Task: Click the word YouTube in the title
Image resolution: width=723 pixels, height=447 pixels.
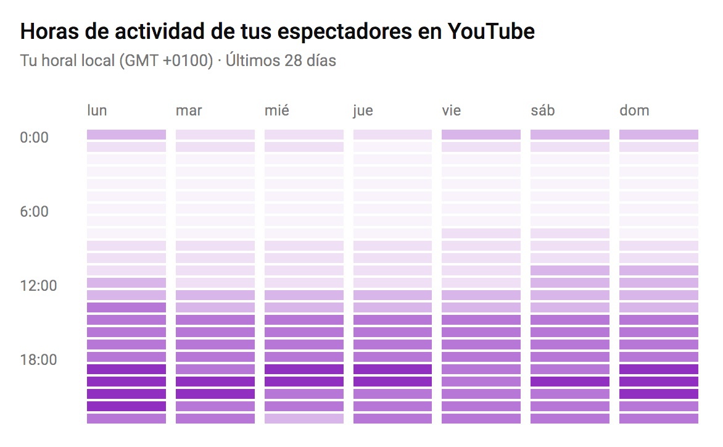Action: coord(490,31)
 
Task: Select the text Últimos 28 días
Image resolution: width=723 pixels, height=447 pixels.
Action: coord(281,61)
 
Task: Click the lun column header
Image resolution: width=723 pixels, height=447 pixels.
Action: coord(97,111)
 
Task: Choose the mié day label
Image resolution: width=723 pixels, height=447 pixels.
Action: coord(276,111)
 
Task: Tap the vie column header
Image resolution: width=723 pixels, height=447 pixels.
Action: coord(452,111)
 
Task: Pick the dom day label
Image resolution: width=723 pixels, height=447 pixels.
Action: coord(634,111)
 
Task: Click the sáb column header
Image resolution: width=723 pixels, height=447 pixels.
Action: coord(543,111)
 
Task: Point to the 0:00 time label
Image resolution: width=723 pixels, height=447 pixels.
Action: coord(34,137)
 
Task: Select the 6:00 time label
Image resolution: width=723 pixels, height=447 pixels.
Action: coord(34,211)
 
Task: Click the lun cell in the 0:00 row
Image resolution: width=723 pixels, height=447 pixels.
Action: coord(126,135)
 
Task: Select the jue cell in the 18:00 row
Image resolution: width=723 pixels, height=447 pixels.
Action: coord(392,357)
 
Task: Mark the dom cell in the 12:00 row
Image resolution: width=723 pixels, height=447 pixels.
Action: coord(659,283)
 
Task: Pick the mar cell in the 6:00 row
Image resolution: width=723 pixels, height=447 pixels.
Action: coord(215,209)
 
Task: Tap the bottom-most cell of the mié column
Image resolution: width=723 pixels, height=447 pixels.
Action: coord(304,419)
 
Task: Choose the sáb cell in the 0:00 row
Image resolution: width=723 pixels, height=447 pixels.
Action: coord(570,135)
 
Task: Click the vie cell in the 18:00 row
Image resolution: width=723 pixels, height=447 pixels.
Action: coord(481,357)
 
